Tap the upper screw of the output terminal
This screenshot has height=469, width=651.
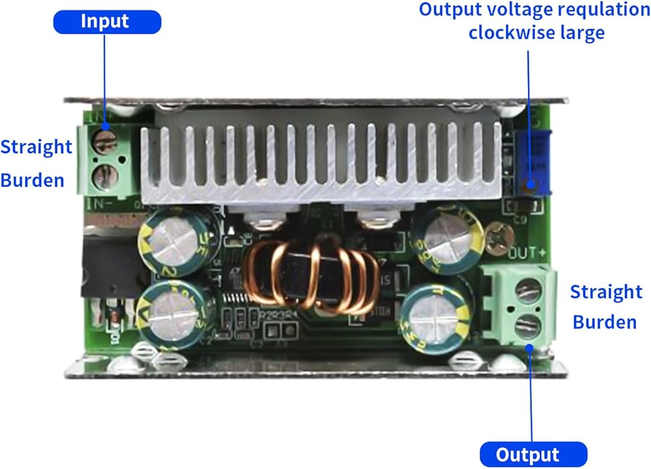point(529,287)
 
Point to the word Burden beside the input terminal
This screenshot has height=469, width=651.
point(32,180)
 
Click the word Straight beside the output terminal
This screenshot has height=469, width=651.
point(605,292)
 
